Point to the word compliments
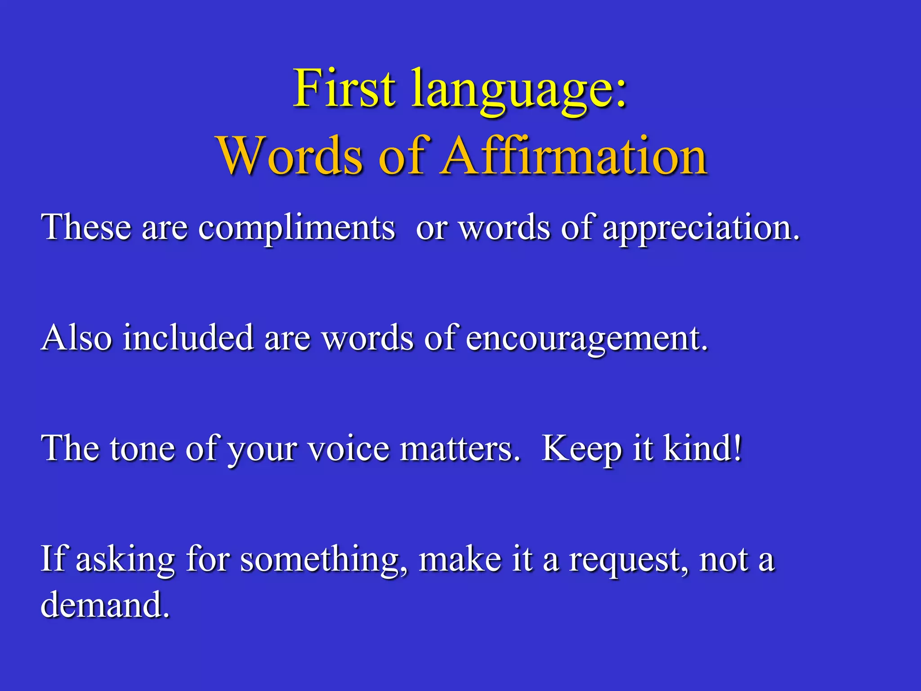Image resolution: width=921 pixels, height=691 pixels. [296, 229]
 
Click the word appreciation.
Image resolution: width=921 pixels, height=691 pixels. [701, 229]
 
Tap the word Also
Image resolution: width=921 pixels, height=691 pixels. [76, 338]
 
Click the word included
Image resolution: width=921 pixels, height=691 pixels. [188, 338]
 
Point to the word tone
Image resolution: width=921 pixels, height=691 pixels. [142, 449]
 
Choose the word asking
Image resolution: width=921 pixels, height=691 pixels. [125, 561]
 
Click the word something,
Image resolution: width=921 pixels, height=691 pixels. [324, 561]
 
